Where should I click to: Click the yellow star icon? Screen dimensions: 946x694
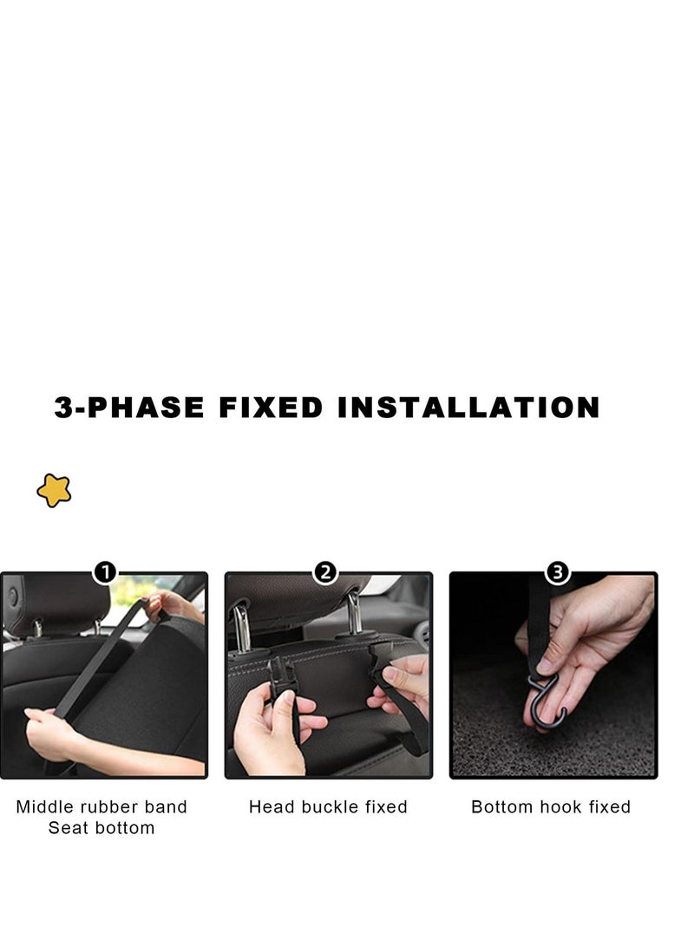point(54,491)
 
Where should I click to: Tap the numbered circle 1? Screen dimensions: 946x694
point(104,572)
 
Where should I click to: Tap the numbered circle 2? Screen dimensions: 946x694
point(325,572)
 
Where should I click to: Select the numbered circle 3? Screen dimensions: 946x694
point(558,572)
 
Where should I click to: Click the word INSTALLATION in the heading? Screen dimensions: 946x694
point(468,408)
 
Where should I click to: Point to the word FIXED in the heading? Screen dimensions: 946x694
point(271,408)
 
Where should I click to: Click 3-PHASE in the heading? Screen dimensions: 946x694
point(129,408)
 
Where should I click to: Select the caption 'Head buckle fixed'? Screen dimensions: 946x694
point(328,807)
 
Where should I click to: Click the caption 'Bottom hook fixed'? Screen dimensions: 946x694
point(551,807)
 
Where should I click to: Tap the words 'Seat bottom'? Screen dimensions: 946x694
point(101,828)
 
